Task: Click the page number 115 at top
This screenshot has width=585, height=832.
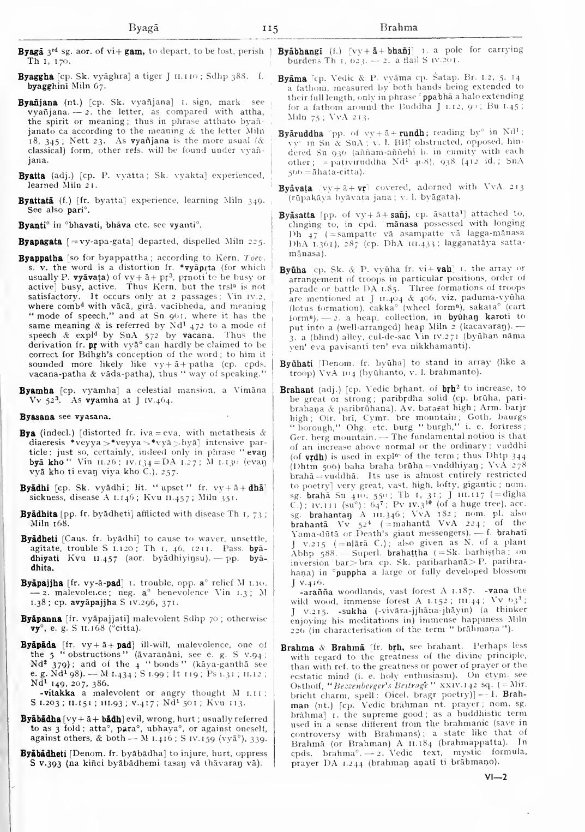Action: [x=270, y=28]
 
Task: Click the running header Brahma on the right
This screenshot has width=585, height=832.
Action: [x=399, y=27]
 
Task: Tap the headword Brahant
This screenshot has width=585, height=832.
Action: [x=297, y=390]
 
